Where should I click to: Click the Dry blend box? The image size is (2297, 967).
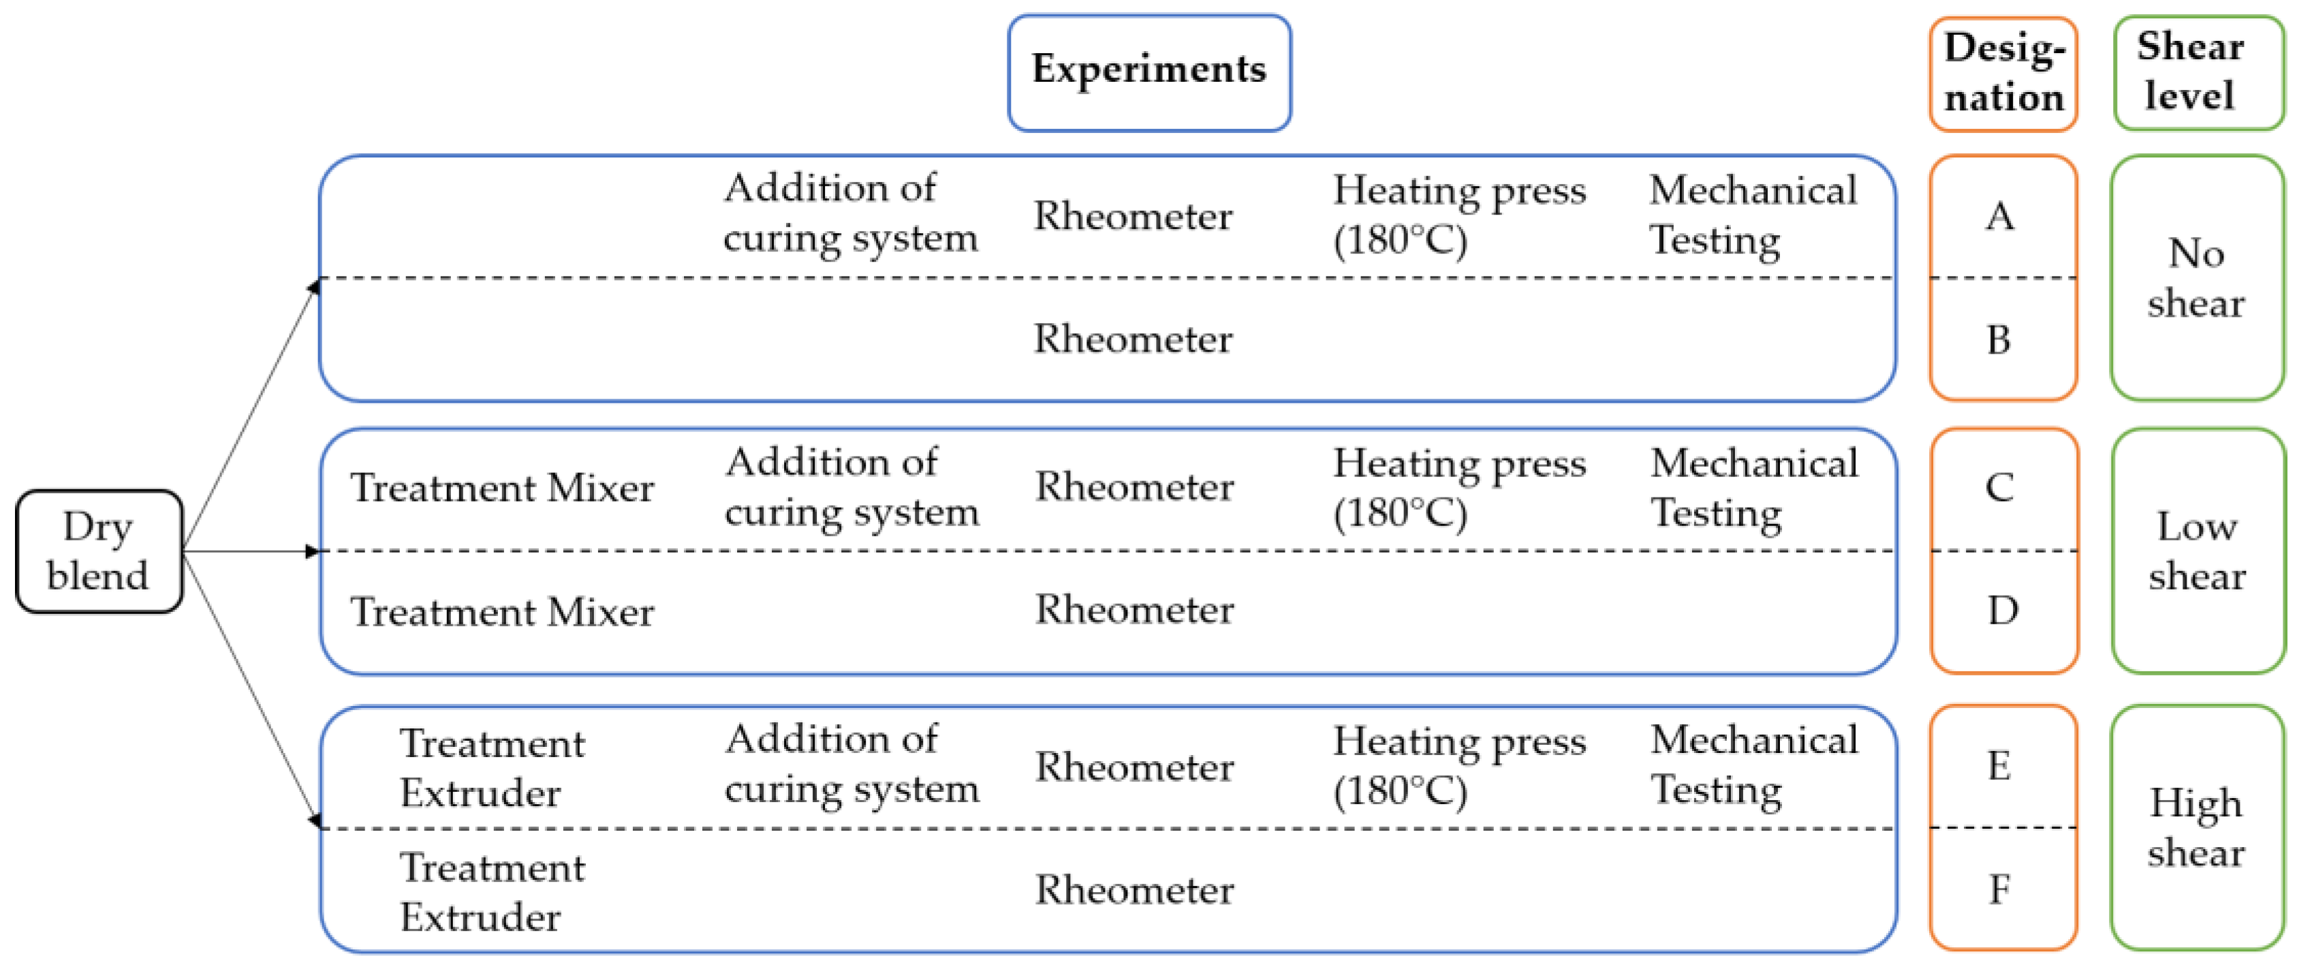98,551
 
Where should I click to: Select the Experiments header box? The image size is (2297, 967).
1148,72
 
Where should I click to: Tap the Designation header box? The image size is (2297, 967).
2003,73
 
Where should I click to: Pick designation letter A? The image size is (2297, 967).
1999,216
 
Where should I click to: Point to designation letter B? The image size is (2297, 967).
1999,340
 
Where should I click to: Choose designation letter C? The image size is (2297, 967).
1999,487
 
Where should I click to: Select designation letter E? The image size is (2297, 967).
1999,765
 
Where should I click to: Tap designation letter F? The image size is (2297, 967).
1999,889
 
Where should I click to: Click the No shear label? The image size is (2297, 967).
2196,278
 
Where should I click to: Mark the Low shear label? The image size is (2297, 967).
2196,551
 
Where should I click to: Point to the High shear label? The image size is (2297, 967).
2196,828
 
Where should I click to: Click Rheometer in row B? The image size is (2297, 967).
1132,339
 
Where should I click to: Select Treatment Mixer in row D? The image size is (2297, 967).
502,612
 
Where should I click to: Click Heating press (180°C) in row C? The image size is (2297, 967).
1459,488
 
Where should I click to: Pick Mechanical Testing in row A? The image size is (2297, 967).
1752,215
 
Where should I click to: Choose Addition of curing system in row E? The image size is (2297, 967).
851,765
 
